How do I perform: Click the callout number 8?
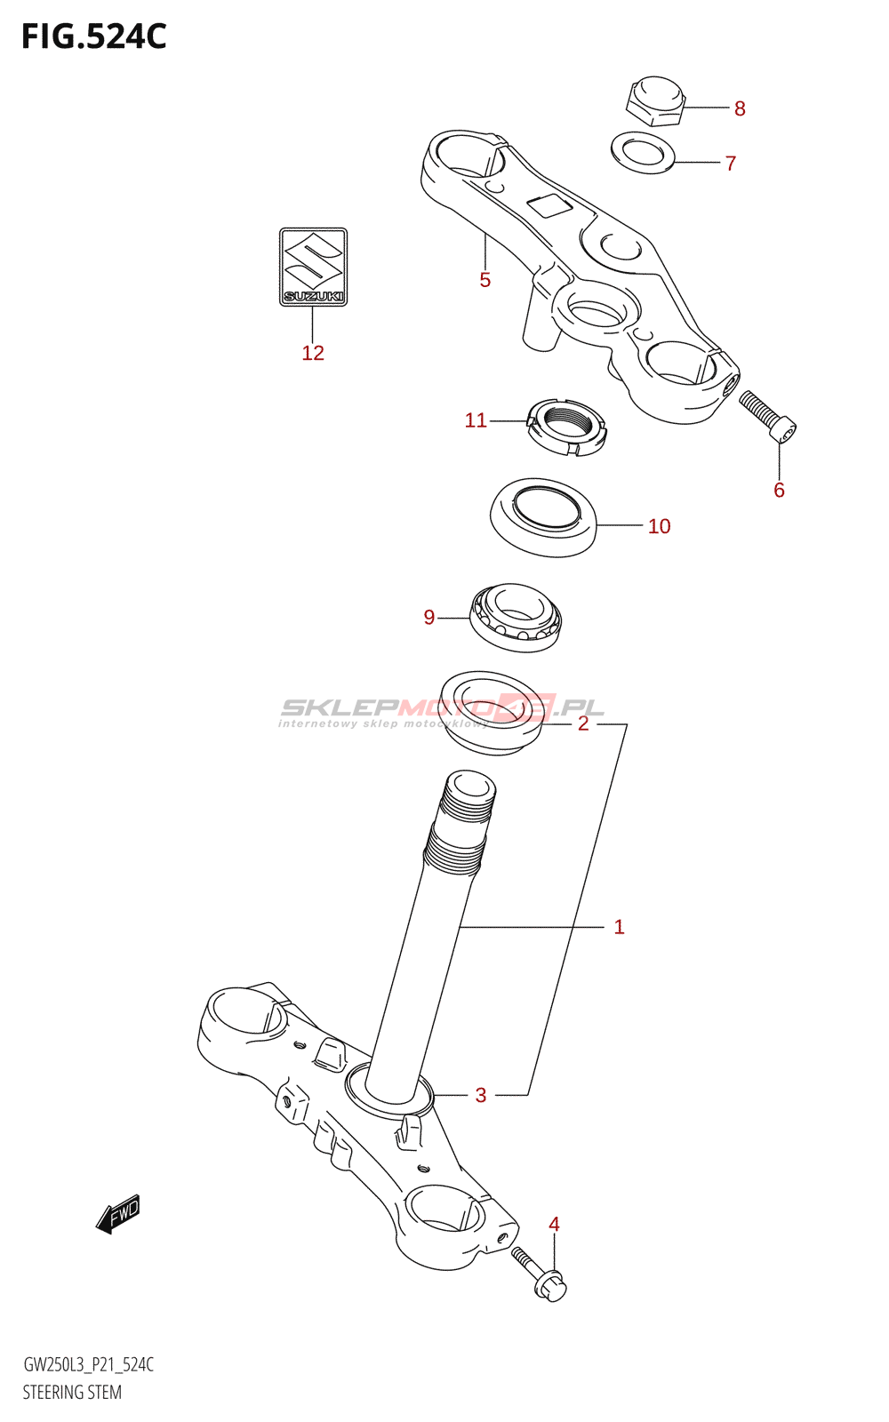[x=740, y=108]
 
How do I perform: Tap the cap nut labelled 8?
[x=656, y=100]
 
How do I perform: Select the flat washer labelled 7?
[x=643, y=152]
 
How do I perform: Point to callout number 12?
[x=313, y=353]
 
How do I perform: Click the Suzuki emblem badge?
[x=313, y=267]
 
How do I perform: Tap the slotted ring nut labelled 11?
[x=566, y=427]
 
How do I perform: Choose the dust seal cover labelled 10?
[x=543, y=517]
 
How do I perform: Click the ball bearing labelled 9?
[x=516, y=617]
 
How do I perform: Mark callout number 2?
[x=583, y=723]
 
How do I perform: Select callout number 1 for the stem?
[x=619, y=927]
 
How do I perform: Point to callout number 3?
[x=481, y=1095]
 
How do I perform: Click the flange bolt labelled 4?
[x=540, y=1274]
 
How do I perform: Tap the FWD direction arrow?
[x=118, y=1213]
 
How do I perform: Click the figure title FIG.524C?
[x=94, y=37]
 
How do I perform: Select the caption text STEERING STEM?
[x=72, y=1392]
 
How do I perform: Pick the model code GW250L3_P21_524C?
[x=88, y=1364]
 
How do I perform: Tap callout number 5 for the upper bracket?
[x=485, y=280]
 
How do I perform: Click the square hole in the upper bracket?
[x=549, y=206]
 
